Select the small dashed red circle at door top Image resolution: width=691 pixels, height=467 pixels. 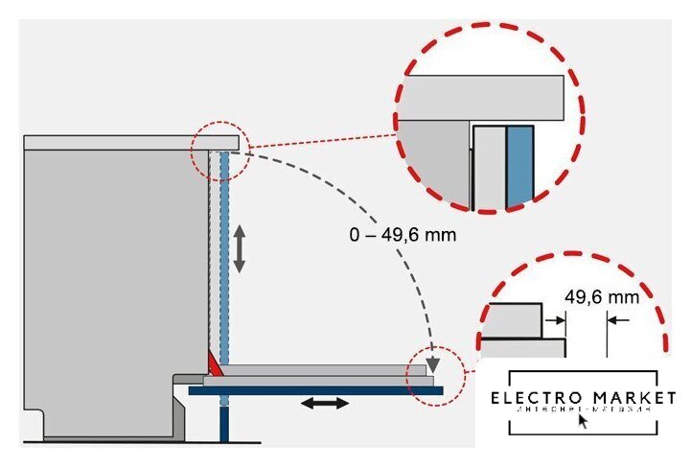tap(219, 151)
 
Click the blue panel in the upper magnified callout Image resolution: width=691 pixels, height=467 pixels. tap(518, 165)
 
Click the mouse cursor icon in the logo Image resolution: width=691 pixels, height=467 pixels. tap(584, 419)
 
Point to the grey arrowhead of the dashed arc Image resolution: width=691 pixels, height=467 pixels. tap(434, 363)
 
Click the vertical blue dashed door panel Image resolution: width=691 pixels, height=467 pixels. tap(225, 259)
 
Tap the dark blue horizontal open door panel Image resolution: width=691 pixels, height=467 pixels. tap(315, 389)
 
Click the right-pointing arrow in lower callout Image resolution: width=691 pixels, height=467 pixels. tap(555, 319)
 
